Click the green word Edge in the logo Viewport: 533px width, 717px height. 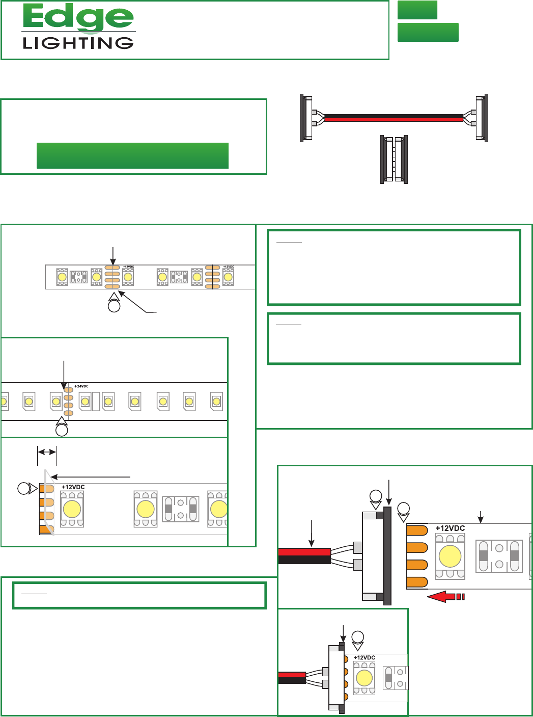78,18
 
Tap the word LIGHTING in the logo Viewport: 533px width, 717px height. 78,43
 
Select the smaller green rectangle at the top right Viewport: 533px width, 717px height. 417,10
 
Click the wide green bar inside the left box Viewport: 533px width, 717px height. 132,155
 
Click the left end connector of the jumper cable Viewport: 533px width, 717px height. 306,118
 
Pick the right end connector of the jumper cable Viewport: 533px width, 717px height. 481,118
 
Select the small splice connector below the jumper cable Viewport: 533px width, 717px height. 394,159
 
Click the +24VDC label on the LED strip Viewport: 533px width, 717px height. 81,386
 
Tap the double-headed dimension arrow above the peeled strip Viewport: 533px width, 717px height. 47,452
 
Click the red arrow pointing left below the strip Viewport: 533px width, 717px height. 446,596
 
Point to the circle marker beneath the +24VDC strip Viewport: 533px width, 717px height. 62,430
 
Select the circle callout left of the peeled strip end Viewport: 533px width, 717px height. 23,489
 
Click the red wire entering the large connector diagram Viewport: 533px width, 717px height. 304,552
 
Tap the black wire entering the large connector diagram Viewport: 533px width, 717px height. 304,560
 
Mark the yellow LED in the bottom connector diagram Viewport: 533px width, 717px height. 364,678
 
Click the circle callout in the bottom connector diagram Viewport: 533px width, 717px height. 358,637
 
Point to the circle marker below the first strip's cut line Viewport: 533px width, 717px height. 114,306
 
